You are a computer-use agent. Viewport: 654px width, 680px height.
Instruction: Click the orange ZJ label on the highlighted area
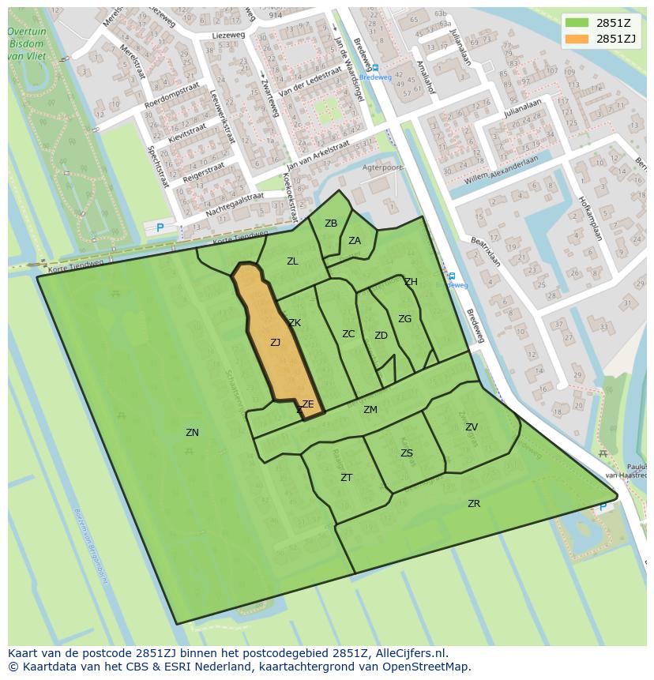click(275, 343)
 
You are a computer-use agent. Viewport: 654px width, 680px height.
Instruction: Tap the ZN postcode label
click(192, 433)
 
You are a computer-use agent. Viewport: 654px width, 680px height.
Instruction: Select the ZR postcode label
click(473, 504)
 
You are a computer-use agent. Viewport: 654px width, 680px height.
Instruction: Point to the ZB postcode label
click(331, 224)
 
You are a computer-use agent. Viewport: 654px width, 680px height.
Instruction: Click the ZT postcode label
click(346, 478)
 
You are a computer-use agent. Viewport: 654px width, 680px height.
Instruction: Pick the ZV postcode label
click(471, 427)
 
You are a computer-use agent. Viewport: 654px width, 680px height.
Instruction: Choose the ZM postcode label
click(370, 410)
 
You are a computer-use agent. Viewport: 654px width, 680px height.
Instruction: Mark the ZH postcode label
click(411, 282)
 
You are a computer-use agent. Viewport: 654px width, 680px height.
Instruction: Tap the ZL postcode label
click(292, 261)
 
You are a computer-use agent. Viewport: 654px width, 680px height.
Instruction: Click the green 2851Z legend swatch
click(577, 22)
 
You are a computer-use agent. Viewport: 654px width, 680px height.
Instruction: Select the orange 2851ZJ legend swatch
click(577, 39)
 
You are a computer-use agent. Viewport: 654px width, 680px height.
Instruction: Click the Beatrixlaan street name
click(487, 251)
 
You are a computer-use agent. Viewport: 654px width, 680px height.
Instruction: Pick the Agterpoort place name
click(382, 167)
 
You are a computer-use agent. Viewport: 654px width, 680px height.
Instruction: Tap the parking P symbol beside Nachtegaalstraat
click(160, 228)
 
